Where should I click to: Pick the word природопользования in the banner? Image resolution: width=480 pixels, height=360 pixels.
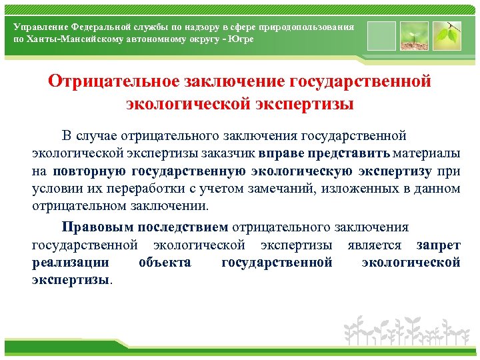(x=311, y=27)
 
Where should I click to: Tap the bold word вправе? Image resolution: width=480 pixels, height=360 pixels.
(x=283, y=153)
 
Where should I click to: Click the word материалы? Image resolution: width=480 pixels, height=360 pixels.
(x=430, y=153)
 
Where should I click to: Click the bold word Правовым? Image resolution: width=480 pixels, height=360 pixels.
(x=94, y=227)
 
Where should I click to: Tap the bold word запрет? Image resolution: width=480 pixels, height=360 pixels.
(x=438, y=244)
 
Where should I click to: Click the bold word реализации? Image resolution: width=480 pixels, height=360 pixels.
(x=70, y=262)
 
